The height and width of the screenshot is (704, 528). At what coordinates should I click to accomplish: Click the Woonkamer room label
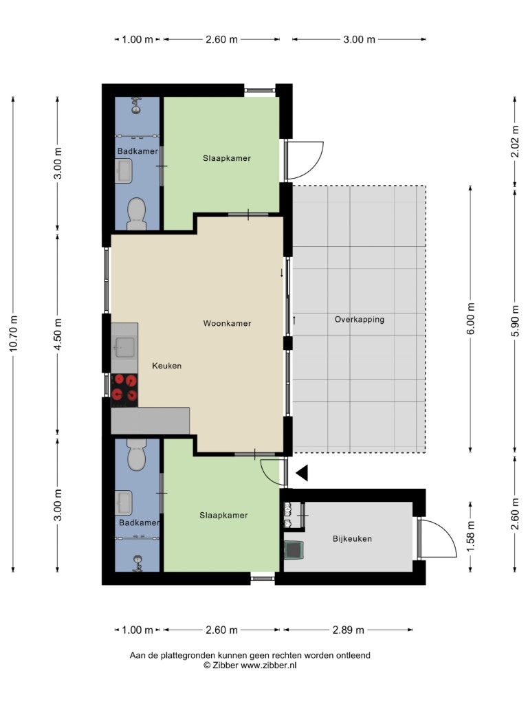(x=227, y=323)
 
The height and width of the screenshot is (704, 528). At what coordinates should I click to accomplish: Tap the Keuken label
(x=167, y=366)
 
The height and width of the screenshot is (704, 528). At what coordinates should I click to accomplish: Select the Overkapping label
(x=359, y=320)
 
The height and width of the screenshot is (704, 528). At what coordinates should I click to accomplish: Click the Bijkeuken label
(x=352, y=539)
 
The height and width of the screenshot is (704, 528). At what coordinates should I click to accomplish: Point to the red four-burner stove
(x=124, y=388)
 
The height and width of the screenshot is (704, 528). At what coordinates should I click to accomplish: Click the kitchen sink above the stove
(x=124, y=347)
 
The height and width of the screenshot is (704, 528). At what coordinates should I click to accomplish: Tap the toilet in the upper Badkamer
(x=137, y=214)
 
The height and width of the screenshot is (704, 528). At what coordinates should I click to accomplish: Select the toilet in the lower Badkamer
(x=137, y=454)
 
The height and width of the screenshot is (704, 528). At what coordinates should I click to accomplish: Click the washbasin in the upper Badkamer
(x=124, y=171)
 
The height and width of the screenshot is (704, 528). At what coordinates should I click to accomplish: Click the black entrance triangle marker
(x=302, y=473)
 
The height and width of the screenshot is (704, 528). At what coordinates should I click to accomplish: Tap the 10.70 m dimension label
(x=13, y=333)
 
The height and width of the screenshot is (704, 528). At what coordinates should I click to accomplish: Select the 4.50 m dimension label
(x=58, y=333)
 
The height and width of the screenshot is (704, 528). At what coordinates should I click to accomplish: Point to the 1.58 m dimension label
(x=470, y=537)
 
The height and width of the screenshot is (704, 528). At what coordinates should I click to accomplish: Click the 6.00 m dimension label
(x=470, y=319)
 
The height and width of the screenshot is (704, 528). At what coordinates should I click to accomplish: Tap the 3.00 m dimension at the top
(x=359, y=39)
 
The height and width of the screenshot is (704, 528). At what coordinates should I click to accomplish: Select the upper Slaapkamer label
(x=227, y=158)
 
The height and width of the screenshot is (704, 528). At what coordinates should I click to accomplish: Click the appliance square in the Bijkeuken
(x=294, y=551)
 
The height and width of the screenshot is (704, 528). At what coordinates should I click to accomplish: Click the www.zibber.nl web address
(x=269, y=665)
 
